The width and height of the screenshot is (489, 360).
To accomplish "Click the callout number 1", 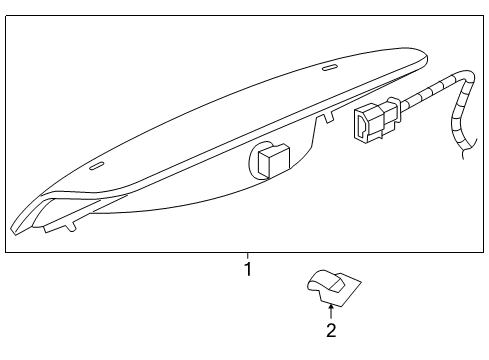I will [x=248, y=269].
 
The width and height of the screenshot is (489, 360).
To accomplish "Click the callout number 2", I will [x=331, y=329].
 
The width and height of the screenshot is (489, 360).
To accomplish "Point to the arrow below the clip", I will [x=331, y=310].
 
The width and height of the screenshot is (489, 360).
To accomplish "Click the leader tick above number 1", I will [x=248, y=255].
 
